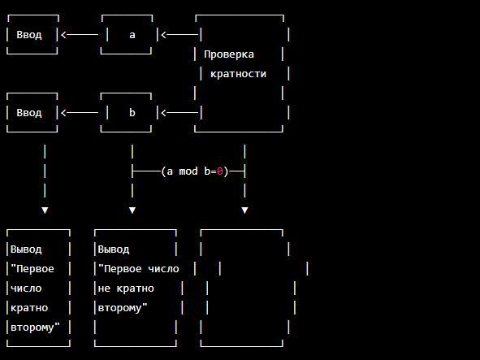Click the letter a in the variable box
(x=132, y=35)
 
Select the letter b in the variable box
(x=132, y=112)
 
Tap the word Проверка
(x=229, y=54)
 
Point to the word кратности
(x=238, y=74)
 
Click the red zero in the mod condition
(x=220, y=171)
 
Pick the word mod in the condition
(x=188, y=171)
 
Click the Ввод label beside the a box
(x=29, y=35)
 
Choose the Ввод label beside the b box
(x=29, y=113)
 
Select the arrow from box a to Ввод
(x=80, y=35)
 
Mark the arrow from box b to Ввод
(x=80, y=113)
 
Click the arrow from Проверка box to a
(x=180, y=35)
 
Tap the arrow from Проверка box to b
(x=180, y=113)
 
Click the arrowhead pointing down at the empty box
(x=244, y=210)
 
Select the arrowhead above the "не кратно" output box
(x=132, y=210)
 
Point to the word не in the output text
(x=104, y=288)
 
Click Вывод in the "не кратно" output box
(x=113, y=249)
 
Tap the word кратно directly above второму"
(x=29, y=308)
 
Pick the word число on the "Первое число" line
(x=163, y=269)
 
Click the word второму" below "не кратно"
(x=123, y=308)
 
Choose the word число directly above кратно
(x=26, y=288)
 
